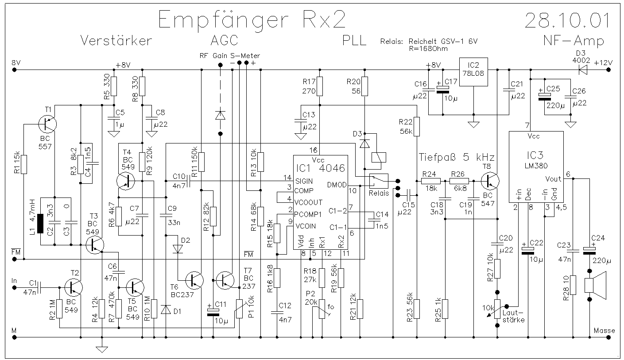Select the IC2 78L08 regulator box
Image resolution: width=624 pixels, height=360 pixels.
[x=473, y=72]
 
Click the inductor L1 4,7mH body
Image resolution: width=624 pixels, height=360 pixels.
[x=40, y=224]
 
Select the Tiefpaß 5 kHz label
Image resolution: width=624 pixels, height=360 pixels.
[x=457, y=158]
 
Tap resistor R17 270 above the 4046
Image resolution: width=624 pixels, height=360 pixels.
[x=320, y=86]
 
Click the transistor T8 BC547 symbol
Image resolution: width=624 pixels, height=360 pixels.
[x=490, y=181]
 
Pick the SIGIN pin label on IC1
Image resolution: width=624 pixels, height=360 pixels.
[x=304, y=181]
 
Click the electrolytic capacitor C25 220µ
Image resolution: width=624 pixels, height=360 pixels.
[x=544, y=97]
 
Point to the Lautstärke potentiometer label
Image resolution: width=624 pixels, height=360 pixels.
[x=513, y=316]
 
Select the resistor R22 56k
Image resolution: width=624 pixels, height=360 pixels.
[x=417, y=127]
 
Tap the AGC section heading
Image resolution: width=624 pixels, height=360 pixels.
[x=224, y=40]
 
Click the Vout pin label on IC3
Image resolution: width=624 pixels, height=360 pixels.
[x=553, y=179]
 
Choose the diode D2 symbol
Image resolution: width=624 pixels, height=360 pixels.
[x=178, y=249]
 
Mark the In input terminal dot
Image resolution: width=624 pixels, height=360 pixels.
[x=15, y=287]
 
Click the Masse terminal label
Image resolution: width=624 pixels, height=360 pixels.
[x=604, y=331]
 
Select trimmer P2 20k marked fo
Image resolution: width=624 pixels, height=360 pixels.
[x=322, y=309]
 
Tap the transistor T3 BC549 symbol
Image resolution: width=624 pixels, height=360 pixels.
[x=95, y=244]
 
